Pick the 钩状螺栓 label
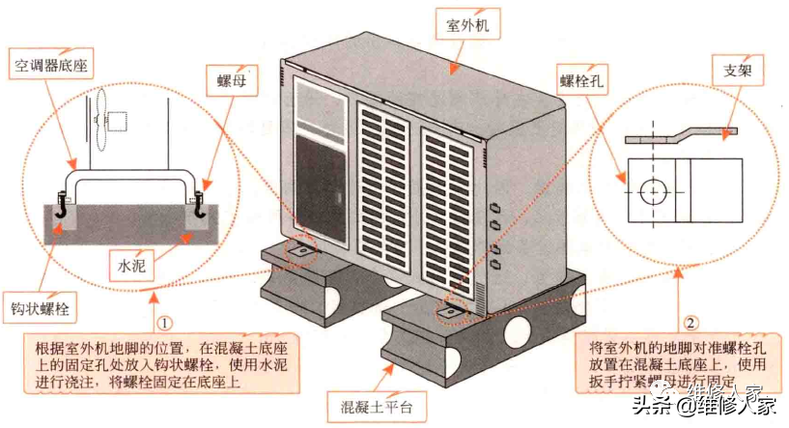tap(40, 309)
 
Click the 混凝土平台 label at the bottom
tap(370, 406)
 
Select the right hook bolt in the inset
tap(201, 205)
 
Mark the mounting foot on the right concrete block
tap(451, 310)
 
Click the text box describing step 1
tap(159, 365)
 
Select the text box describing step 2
tap(676, 365)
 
